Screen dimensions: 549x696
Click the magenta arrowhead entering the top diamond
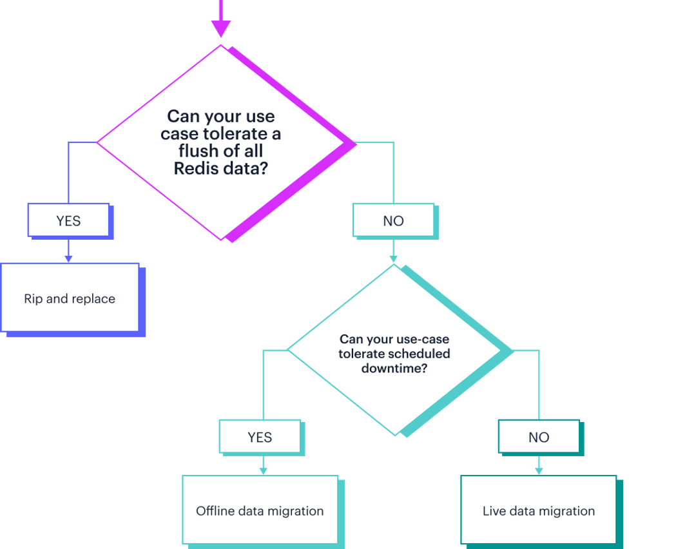(x=220, y=28)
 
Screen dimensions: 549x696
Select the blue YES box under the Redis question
(x=68, y=220)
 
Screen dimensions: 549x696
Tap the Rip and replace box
(x=70, y=298)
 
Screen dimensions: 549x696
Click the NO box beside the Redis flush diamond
(x=393, y=220)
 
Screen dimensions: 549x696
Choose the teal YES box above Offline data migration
(x=260, y=437)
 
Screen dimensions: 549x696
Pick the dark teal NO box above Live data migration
(x=539, y=437)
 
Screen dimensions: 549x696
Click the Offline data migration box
(x=260, y=510)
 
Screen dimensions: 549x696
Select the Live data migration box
(x=539, y=510)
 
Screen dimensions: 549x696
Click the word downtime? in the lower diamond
(x=394, y=369)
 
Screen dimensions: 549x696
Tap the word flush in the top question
(x=197, y=151)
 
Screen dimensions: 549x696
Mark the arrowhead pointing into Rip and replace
(x=68, y=258)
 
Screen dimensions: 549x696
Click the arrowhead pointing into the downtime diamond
(x=393, y=259)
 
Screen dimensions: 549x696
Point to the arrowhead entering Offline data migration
(x=263, y=471)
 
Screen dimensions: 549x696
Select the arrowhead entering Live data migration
(x=539, y=471)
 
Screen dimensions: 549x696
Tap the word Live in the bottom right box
(x=494, y=511)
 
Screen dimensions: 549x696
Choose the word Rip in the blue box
(x=32, y=299)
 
